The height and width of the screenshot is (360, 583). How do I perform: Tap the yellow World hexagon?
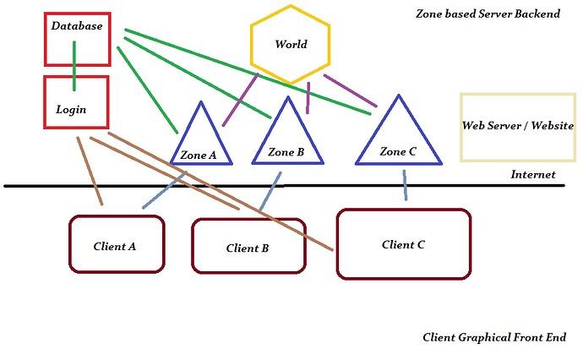[x=290, y=45]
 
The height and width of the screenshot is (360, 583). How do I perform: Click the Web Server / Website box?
[x=517, y=127]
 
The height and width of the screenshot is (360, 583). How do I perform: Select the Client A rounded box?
[x=116, y=244]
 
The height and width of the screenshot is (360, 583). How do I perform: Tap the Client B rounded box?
[x=248, y=246]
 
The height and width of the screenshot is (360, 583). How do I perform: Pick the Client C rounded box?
[x=403, y=243]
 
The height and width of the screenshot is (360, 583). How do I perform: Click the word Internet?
[x=533, y=175]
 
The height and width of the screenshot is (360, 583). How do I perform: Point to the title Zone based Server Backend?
[x=488, y=14]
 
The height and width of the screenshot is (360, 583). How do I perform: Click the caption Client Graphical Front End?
[x=494, y=337]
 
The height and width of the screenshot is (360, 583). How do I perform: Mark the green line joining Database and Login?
[x=74, y=65]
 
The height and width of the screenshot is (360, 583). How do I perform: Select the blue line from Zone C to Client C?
[x=405, y=185]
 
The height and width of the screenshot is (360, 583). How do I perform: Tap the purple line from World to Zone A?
[x=240, y=100]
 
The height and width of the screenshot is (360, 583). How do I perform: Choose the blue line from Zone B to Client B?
[x=270, y=192]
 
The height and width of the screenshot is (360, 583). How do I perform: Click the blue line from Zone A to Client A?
[x=165, y=190]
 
